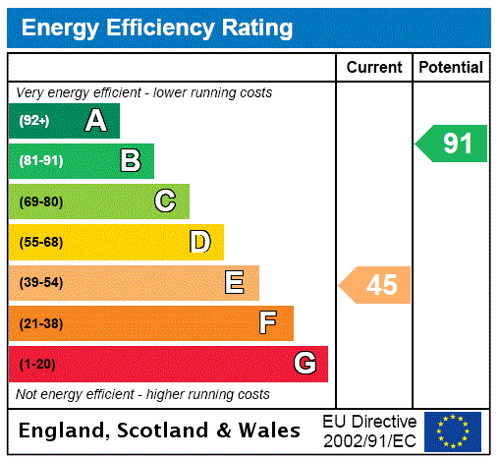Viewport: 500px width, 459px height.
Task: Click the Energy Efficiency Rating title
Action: [157, 28]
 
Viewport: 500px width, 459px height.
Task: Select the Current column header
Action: [374, 68]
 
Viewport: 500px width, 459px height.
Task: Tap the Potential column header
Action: [450, 68]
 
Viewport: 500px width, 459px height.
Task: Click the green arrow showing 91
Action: [452, 143]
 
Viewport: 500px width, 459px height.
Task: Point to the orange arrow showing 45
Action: [376, 285]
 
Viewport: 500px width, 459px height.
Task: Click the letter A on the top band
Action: [95, 121]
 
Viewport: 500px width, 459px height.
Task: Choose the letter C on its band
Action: [165, 201]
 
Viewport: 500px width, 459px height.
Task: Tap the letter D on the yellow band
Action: [199, 242]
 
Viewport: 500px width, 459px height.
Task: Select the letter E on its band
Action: [235, 283]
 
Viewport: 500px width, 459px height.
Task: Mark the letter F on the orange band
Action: [268, 323]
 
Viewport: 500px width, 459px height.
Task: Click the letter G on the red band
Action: [305, 364]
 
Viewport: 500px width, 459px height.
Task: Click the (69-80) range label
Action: [40, 201]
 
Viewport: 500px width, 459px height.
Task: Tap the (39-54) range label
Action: [40, 283]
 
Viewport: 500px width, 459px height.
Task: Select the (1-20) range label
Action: [37, 364]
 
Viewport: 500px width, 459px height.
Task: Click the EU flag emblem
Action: [453, 431]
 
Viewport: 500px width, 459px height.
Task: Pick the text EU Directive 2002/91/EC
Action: [369, 430]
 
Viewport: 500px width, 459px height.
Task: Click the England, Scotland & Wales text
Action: [160, 430]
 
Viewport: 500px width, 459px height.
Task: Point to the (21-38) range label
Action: [40, 323]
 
